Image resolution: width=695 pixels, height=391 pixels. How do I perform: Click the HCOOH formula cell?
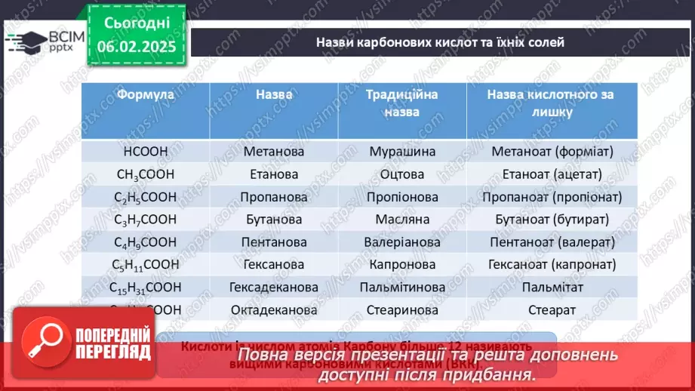click(x=146, y=152)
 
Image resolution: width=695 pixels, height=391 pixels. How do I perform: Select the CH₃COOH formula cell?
click(x=146, y=174)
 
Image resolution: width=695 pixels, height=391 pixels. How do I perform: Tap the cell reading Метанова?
click(x=274, y=152)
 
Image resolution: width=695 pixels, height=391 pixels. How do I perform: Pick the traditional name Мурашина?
click(x=402, y=152)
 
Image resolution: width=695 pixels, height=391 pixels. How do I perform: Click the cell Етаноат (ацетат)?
click(x=552, y=174)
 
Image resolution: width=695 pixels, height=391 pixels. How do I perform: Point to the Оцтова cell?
click(x=402, y=174)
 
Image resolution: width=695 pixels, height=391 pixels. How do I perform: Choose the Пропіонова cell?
click(x=402, y=197)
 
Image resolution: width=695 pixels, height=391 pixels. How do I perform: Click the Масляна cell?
click(x=402, y=220)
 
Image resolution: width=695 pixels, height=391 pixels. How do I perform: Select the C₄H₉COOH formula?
click(x=146, y=242)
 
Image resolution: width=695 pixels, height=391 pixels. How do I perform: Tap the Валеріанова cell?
click(x=402, y=242)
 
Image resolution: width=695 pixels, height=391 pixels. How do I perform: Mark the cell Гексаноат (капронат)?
click(x=552, y=265)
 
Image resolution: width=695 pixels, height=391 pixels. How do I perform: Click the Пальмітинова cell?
click(x=402, y=288)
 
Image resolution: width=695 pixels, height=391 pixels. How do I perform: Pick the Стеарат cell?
click(x=552, y=310)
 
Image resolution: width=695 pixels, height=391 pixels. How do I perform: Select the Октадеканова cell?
click(x=274, y=310)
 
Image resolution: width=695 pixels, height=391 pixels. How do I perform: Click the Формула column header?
click(x=146, y=95)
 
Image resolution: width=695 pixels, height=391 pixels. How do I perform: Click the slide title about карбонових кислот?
click(x=440, y=42)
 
